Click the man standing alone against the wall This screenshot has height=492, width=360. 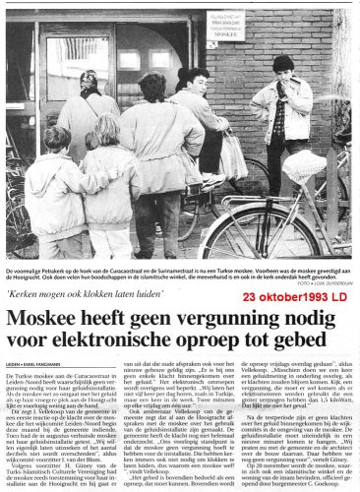tap(284, 108)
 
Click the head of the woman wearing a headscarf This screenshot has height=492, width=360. tap(90, 84)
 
